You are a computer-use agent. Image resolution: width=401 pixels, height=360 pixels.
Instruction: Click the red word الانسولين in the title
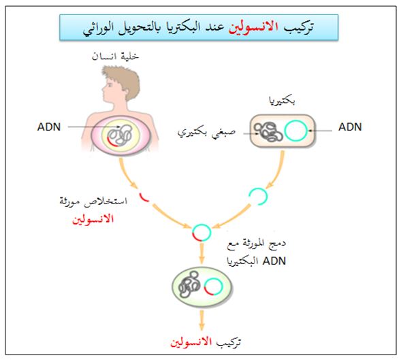click(253, 27)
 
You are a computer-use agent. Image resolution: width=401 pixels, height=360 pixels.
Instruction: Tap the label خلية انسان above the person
click(115, 56)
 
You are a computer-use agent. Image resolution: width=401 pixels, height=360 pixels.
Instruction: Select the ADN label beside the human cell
click(49, 127)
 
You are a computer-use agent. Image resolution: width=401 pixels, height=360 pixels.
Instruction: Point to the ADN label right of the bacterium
click(350, 127)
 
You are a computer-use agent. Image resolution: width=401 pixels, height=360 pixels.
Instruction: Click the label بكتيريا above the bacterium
click(282, 101)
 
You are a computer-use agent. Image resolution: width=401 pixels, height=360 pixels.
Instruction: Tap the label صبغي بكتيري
click(206, 132)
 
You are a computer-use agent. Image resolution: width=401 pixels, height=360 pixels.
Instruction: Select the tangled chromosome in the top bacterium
click(268, 131)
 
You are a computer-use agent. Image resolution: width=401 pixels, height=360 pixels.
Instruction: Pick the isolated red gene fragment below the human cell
click(143, 198)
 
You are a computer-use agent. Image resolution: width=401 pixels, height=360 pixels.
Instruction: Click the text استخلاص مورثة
click(93, 201)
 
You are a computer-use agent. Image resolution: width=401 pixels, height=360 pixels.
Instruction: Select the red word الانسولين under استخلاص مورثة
click(93, 219)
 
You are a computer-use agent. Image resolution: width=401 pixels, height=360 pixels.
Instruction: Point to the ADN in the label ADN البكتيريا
click(274, 261)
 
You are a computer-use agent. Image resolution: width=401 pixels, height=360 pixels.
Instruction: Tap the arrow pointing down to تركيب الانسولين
click(202, 321)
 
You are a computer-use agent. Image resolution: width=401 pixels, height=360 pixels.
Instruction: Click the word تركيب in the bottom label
click(229, 342)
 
